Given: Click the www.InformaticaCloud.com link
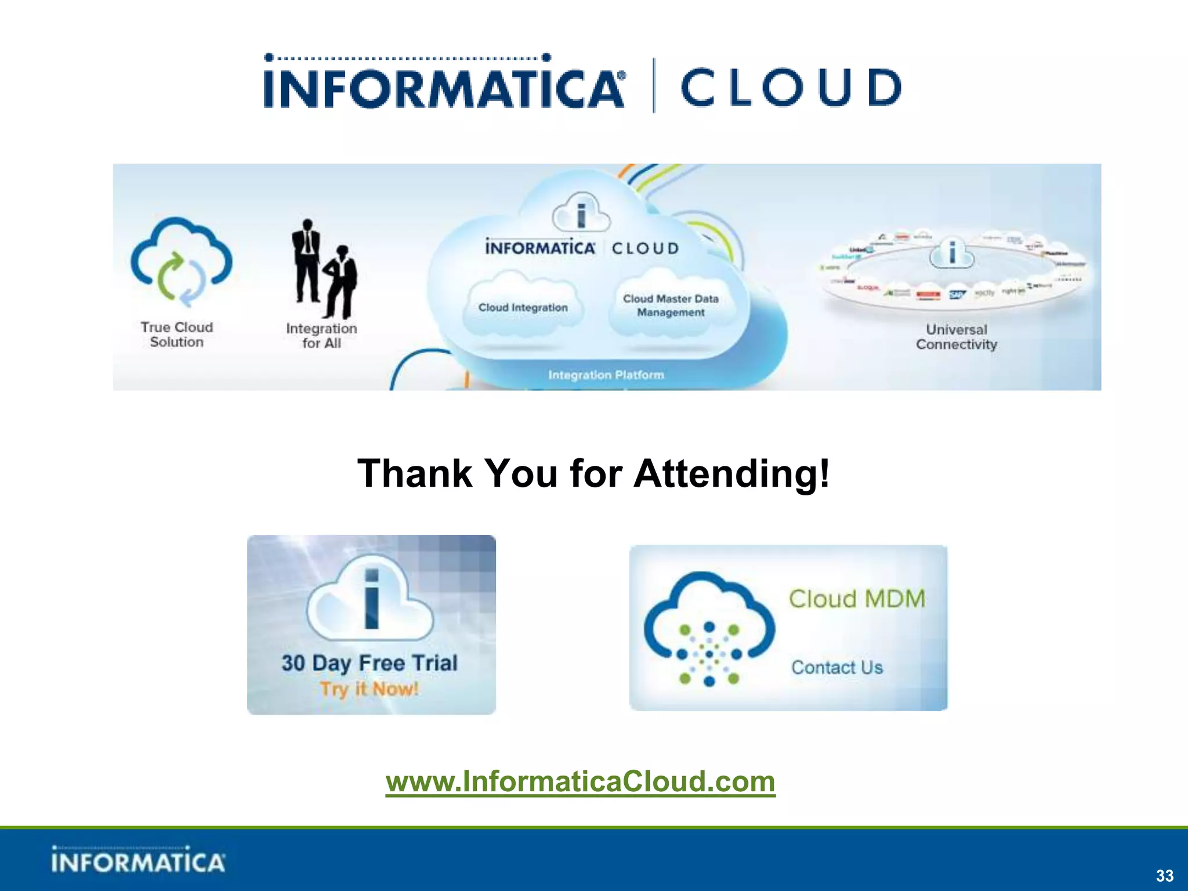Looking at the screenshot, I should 580,781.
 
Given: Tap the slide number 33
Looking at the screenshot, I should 1164,875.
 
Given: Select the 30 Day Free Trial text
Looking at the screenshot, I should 370,662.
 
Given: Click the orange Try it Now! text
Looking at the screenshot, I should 369,689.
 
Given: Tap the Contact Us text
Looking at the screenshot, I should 836,667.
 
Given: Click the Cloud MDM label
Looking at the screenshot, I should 856,599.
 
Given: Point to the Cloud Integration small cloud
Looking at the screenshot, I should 523,307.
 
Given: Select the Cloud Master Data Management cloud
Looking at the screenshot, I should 671,306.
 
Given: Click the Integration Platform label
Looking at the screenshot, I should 606,375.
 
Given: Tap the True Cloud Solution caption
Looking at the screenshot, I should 176,335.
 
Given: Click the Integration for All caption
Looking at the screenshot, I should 321,335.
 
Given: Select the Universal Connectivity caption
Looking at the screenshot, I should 956,337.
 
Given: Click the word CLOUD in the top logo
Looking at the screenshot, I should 791,88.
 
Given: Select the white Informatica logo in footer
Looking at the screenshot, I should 137,860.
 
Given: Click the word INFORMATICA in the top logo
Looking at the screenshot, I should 444,88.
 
